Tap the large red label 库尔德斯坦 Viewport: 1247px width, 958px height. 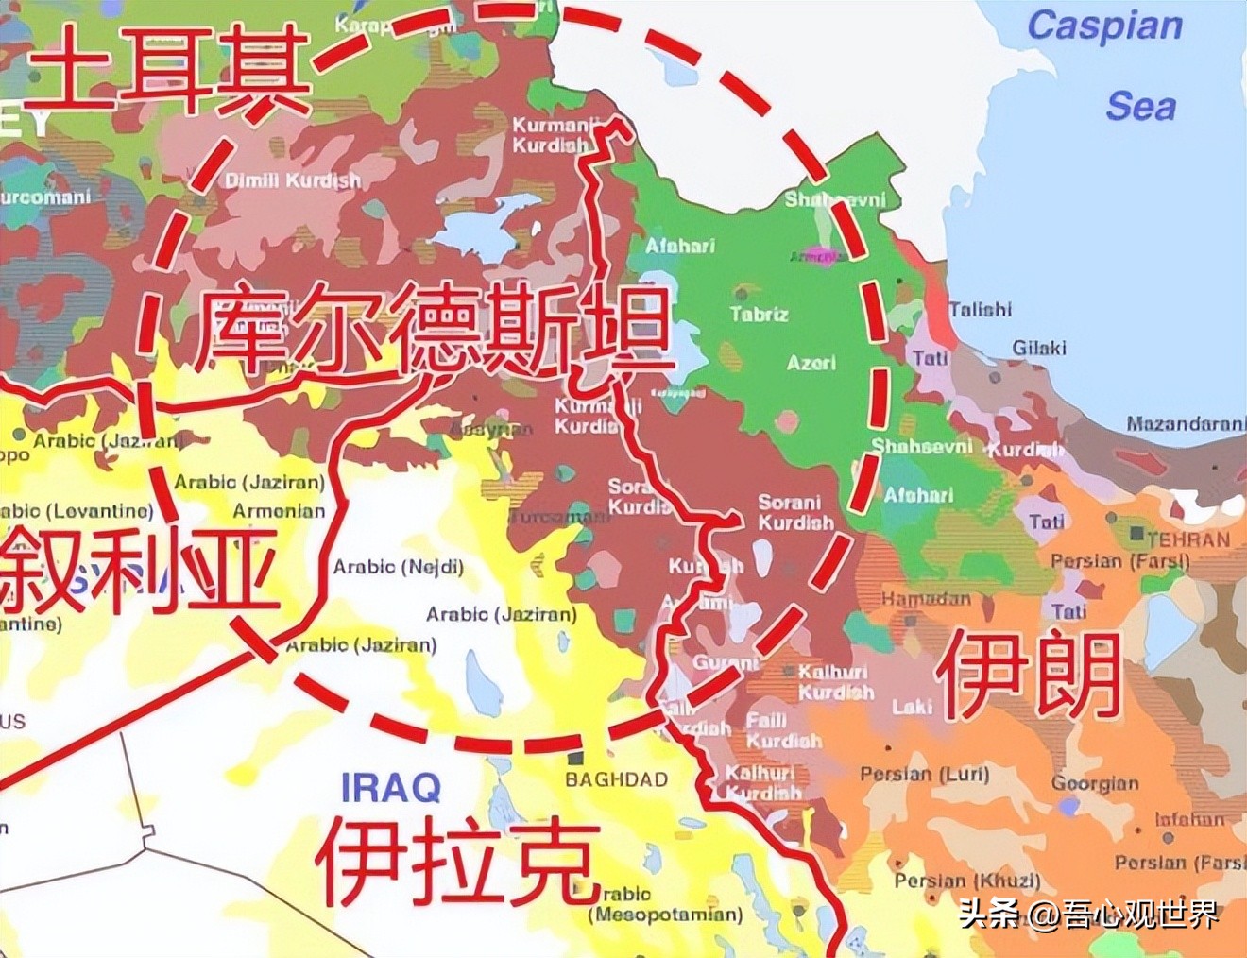tap(435, 331)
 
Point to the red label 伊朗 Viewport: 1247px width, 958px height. tap(1028, 675)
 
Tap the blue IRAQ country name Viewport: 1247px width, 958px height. tap(390, 787)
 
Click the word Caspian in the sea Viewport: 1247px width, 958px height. tap(1104, 26)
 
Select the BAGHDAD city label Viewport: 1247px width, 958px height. tap(616, 779)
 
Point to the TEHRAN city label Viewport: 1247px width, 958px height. tap(1188, 539)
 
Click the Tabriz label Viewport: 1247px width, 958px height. tap(759, 314)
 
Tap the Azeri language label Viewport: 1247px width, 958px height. tap(811, 363)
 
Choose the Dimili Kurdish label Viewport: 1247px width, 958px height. tap(293, 180)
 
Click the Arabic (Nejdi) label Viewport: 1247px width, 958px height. tap(398, 567)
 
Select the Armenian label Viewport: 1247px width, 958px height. tap(279, 511)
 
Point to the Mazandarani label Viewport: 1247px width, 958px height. tap(1186, 424)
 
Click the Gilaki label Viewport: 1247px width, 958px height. tap(1039, 348)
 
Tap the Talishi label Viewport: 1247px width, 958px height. tap(980, 309)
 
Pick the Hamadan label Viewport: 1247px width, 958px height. tap(926, 598)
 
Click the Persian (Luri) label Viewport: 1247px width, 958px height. tap(924, 774)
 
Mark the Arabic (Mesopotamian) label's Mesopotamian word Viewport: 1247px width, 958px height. tap(666, 915)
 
